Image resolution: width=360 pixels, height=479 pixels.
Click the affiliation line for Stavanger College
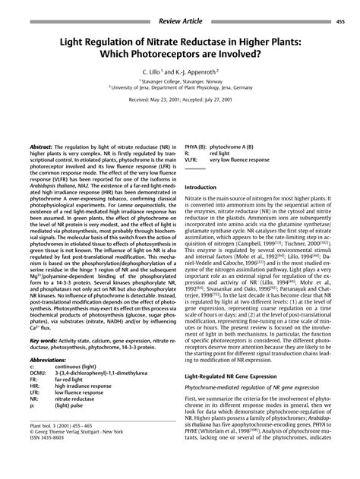pos(179,80)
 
